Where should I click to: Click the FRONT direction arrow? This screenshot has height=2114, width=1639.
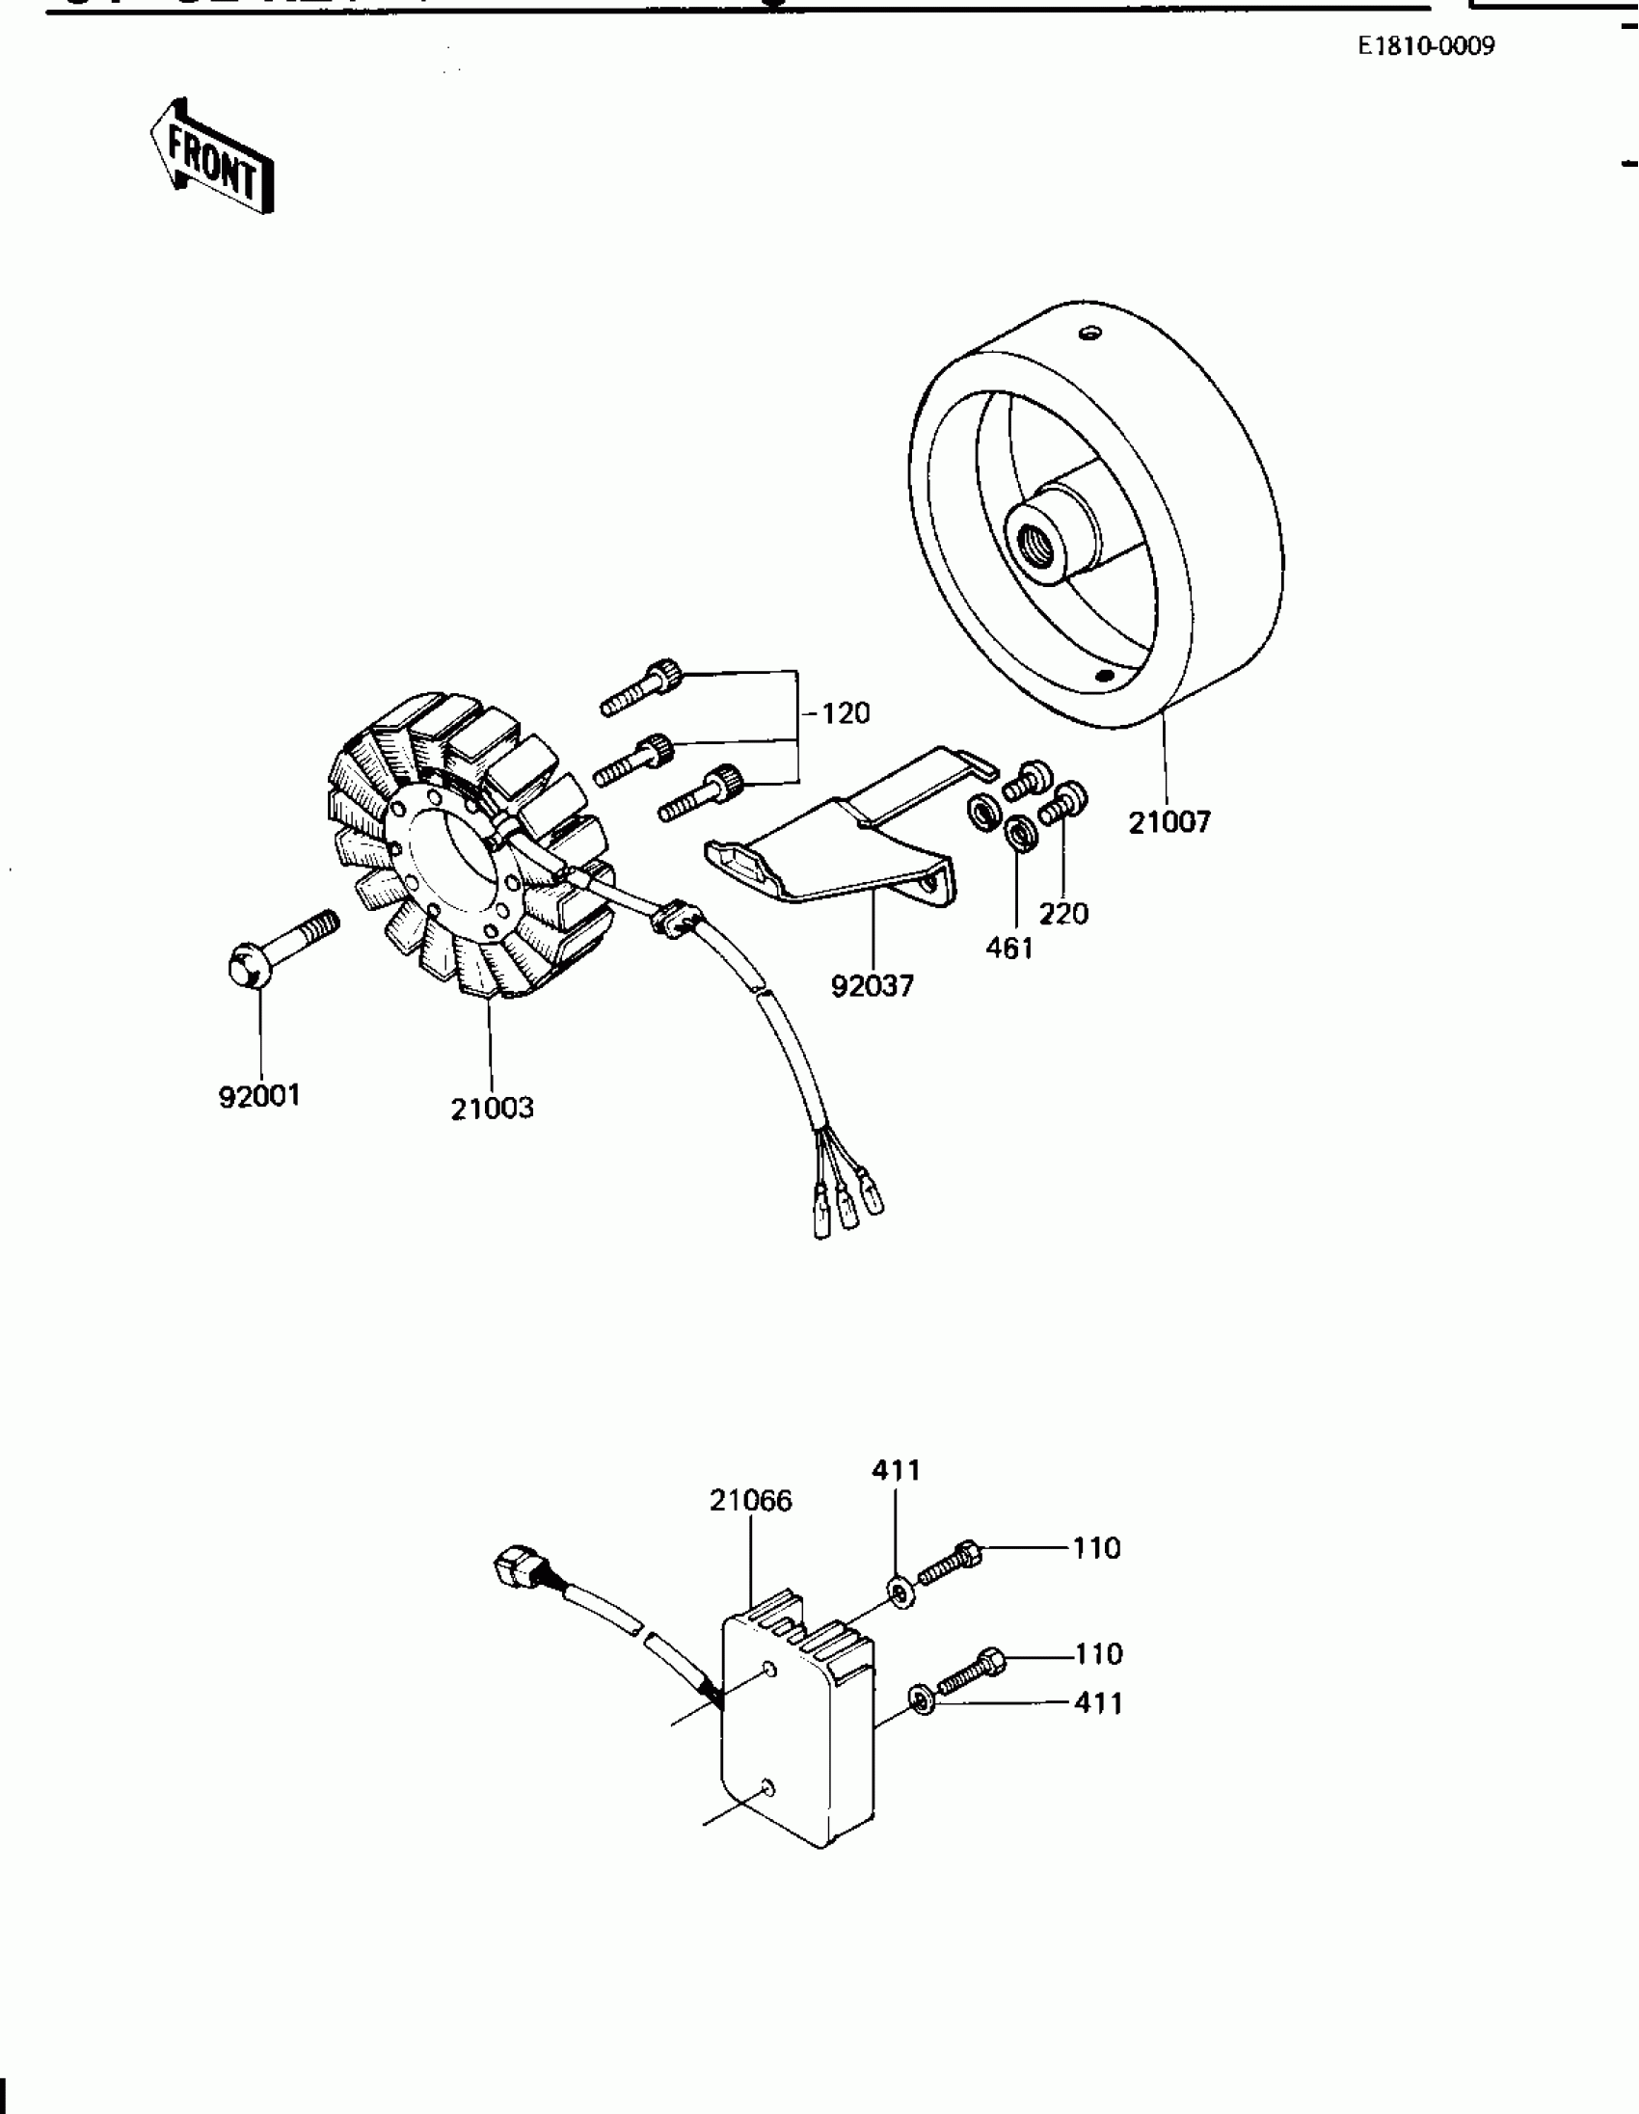click(211, 155)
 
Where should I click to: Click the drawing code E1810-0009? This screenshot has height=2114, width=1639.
click(1426, 45)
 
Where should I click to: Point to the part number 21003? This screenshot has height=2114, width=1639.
click(492, 1108)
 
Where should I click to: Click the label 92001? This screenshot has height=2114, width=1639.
click(259, 1096)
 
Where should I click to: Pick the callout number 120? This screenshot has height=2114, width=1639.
click(846, 713)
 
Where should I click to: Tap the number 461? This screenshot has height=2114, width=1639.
click(1009, 948)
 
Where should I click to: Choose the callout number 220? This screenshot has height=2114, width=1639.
click(1063, 913)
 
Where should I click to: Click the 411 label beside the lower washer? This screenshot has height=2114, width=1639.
click(1098, 1702)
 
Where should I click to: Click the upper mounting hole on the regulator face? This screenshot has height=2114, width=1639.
click(769, 1669)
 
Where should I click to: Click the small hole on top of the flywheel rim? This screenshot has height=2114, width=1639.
click(1091, 333)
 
